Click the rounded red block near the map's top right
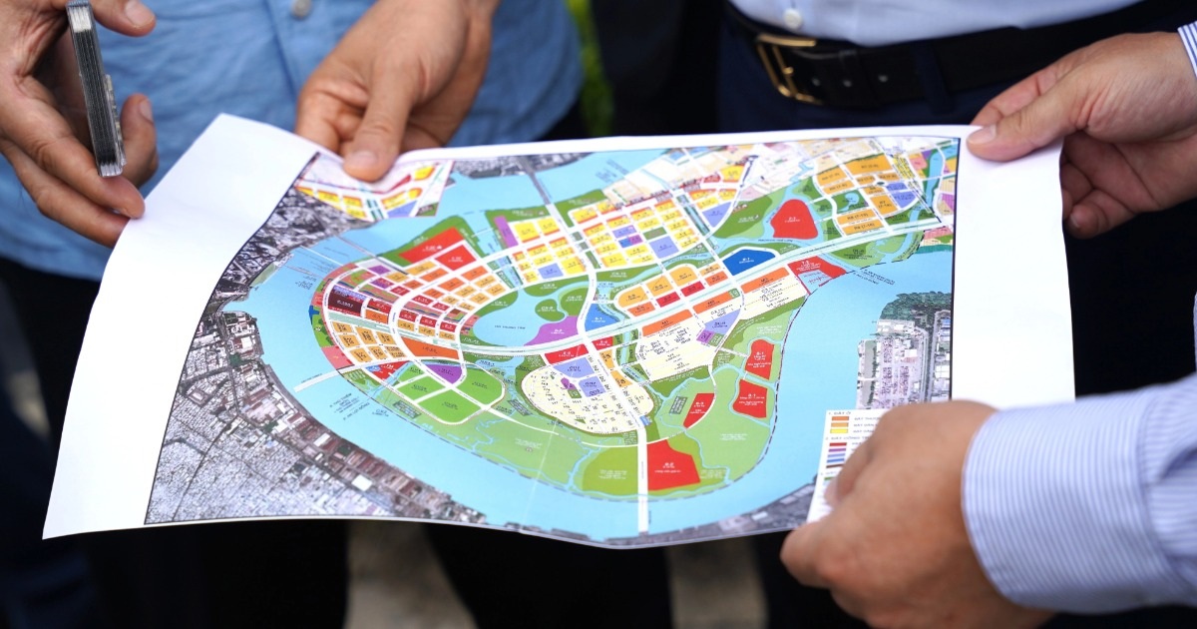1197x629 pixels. pyautogui.click(x=794, y=219)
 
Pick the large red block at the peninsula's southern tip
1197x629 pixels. pyautogui.click(x=672, y=465)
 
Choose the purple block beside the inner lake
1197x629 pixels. pyautogui.click(x=553, y=331)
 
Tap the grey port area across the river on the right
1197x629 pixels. pyautogui.click(x=903, y=359)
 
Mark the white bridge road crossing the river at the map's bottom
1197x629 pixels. pyautogui.click(x=641, y=489)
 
